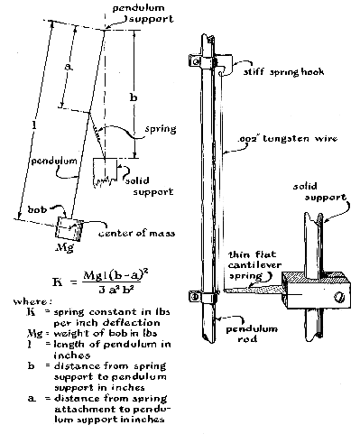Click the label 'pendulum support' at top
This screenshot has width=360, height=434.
(143, 14)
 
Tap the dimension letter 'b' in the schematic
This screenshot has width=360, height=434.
(134, 97)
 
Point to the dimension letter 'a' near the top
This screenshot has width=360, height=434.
(69, 68)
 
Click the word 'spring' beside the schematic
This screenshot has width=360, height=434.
(161, 129)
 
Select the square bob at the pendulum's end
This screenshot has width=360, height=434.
(69, 229)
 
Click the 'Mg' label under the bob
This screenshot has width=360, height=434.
(65, 247)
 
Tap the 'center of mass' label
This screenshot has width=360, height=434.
(137, 234)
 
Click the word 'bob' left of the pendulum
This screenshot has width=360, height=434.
(37, 209)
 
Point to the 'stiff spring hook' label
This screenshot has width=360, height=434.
(283, 72)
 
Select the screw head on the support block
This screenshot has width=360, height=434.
(339, 297)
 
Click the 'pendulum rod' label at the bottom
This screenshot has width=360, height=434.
(252, 334)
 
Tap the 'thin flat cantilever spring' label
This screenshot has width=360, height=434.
(254, 265)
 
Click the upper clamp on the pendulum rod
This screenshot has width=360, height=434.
(202, 61)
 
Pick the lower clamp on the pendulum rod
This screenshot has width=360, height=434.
(202, 297)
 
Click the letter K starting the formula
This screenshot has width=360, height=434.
(58, 282)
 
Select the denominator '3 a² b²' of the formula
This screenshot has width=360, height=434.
(116, 290)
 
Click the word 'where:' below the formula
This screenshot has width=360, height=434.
(31, 301)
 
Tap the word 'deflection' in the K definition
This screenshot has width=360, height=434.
(132, 323)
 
